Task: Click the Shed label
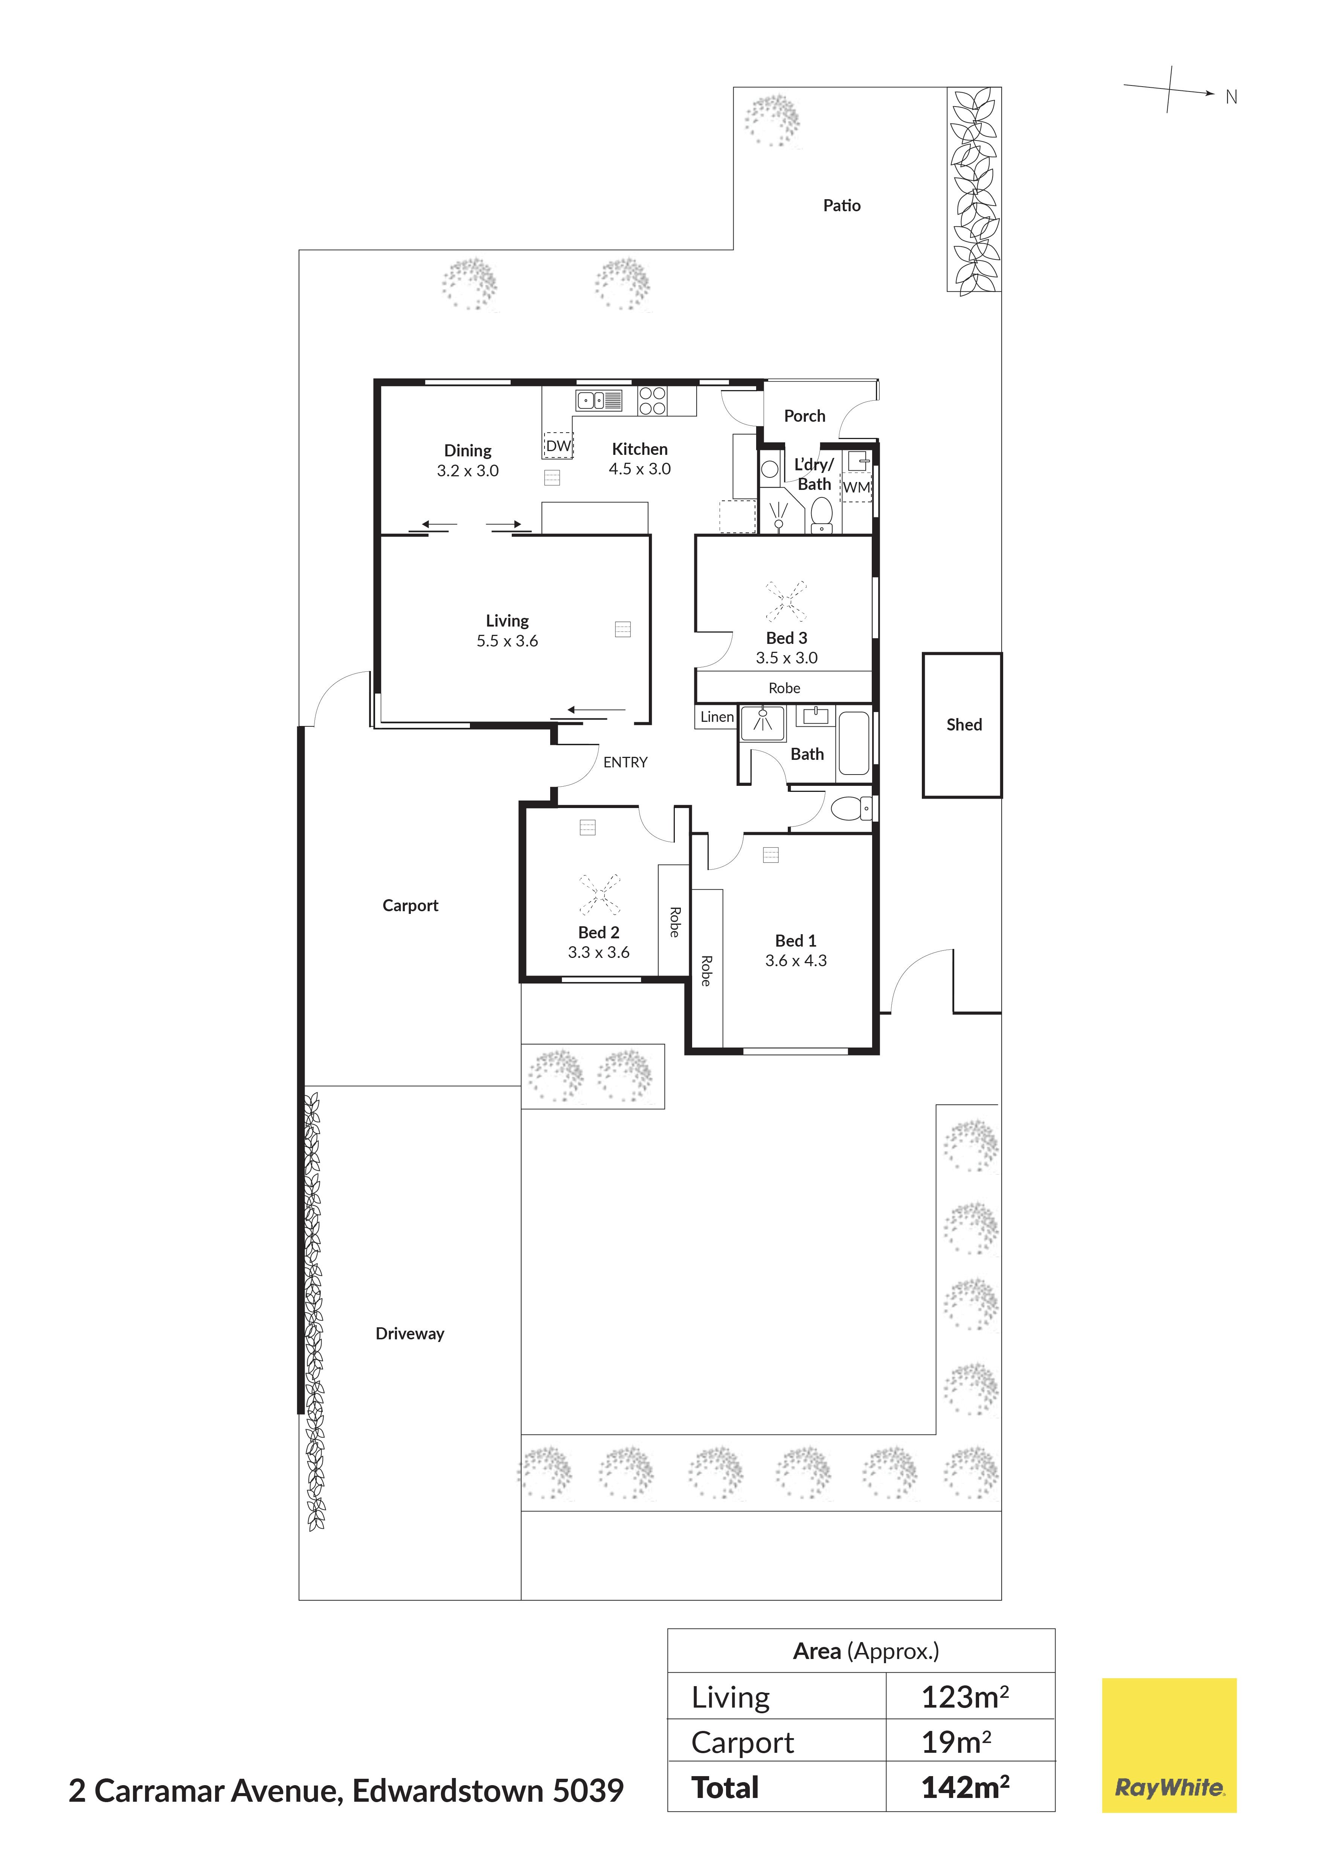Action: click(964, 725)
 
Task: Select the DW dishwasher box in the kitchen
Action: click(558, 445)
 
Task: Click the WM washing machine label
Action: click(857, 487)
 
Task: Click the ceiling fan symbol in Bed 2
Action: click(599, 895)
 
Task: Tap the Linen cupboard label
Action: click(717, 717)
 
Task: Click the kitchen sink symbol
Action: click(599, 400)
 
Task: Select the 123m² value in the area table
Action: click(965, 1698)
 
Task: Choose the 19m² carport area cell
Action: click(956, 1743)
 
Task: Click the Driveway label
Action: click(410, 1333)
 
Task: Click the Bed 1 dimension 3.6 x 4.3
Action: click(796, 961)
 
